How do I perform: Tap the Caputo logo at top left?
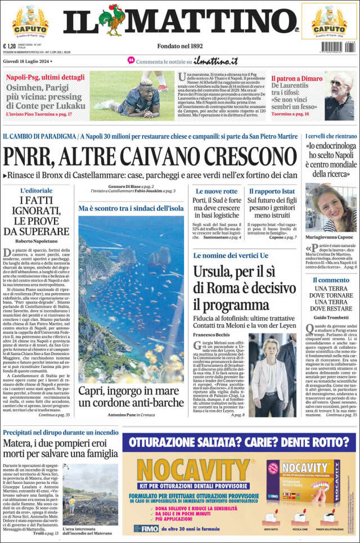(x=30, y=21)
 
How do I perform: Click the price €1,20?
(x=10, y=47)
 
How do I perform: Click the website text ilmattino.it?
(x=215, y=61)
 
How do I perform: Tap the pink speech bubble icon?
(x=131, y=60)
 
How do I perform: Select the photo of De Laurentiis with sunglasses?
(x=339, y=96)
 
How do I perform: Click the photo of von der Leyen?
(x=271, y=374)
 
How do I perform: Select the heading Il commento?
(x=331, y=280)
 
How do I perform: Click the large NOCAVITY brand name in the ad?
(x=193, y=470)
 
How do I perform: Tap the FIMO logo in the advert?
(x=146, y=528)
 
